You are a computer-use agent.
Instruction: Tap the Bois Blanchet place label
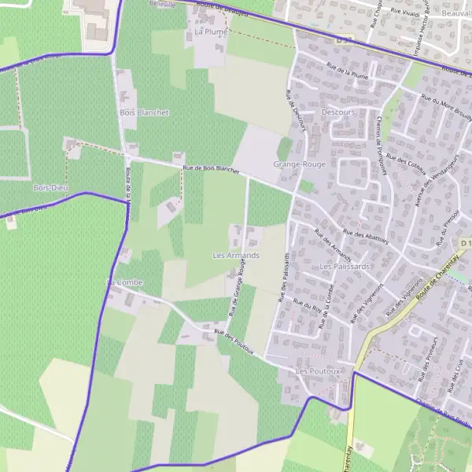coord(144,112)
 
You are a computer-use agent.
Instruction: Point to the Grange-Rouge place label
coord(299,164)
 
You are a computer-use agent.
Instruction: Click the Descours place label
coord(338,112)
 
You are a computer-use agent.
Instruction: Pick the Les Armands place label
coord(236,256)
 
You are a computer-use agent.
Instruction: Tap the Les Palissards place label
coord(345,267)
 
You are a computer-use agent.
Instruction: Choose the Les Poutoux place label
coord(317,370)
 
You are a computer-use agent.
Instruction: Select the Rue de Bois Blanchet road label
coord(210,168)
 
